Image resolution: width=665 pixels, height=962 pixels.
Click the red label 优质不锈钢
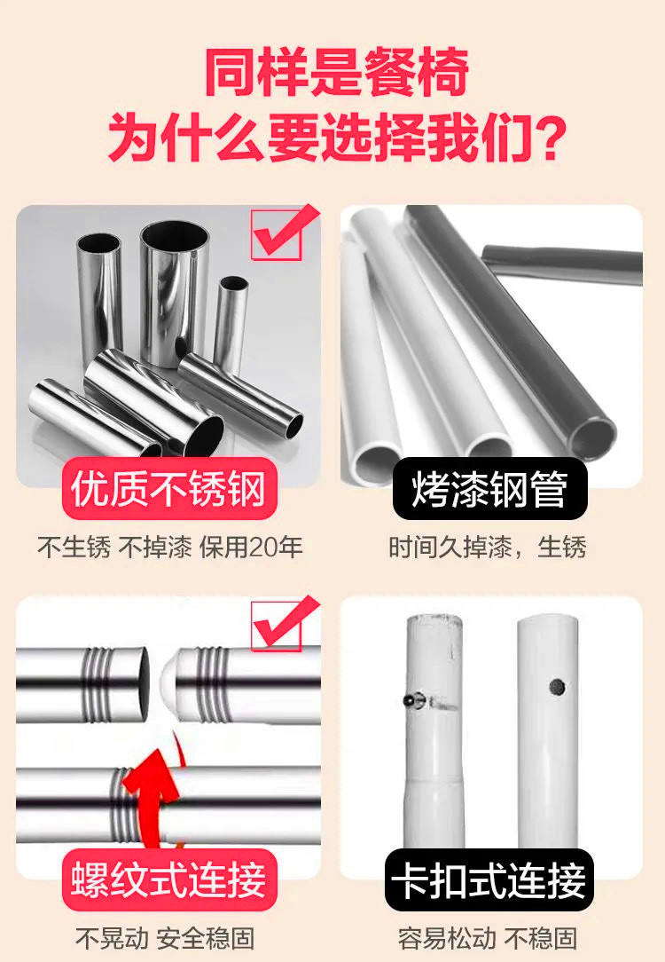click(x=168, y=489)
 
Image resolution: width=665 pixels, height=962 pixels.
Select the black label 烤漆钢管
click(x=489, y=489)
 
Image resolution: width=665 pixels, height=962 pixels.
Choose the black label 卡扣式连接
click(x=489, y=880)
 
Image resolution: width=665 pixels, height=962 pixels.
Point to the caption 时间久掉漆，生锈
click(x=488, y=548)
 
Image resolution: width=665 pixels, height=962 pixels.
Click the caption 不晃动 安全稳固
click(x=165, y=938)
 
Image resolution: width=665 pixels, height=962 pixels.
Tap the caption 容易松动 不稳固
click(x=488, y=938)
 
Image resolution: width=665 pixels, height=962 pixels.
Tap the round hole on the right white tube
click(x=557, y=687)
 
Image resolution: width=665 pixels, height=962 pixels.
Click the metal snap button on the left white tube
click(x=411, y=700)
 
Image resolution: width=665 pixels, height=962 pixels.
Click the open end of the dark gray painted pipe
click(x=592, y=436)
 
